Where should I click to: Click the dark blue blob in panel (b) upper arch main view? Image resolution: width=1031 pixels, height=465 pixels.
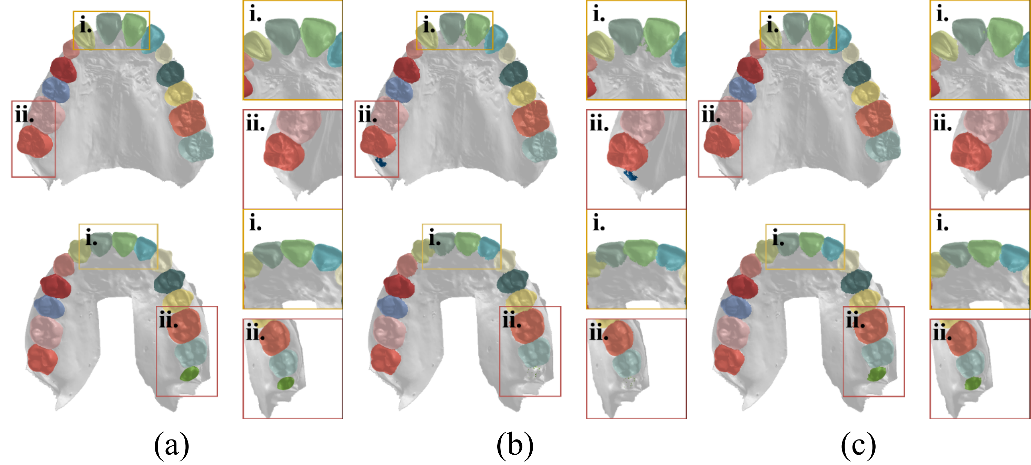click(381, 162)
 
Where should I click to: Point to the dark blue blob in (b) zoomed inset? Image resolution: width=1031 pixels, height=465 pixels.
click(631, 175)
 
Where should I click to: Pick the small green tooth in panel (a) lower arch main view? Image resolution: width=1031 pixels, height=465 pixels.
click(189, 374)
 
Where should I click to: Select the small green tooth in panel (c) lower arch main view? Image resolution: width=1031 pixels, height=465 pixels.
click(877, 374)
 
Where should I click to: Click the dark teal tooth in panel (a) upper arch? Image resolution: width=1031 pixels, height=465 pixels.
click(171, 73)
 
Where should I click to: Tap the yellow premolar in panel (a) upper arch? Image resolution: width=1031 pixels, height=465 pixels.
click(178, 94)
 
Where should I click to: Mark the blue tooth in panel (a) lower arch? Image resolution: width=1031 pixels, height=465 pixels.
click(49, 306)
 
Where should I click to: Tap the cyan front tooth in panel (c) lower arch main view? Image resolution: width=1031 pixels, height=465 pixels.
click(833, 248)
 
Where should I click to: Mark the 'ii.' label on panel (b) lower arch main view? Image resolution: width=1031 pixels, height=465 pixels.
click(511, 321)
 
